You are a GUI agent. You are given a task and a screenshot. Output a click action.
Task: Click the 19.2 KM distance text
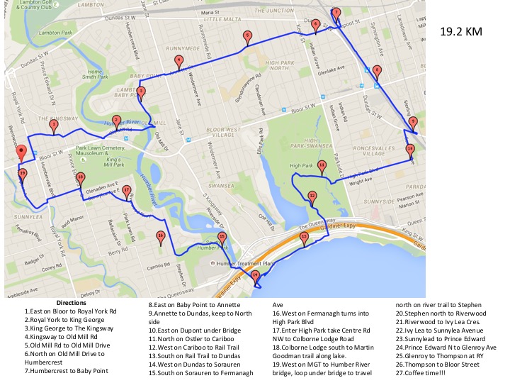click(x=462, y=32)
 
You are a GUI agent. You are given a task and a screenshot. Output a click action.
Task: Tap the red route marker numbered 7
click(x=336, y=13)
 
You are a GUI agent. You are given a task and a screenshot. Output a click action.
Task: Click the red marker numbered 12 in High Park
click(x=312, y=196)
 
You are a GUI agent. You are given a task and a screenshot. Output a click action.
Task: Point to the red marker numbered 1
click(x=53, y=125)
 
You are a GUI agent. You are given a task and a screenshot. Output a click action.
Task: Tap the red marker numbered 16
click(x=161, y=237)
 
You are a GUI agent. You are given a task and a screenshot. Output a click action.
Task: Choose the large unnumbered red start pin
click(x=21, y=152)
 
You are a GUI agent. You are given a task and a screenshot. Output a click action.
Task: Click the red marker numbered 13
click(x=304, y=238)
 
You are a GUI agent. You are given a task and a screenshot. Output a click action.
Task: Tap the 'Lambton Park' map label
click(x=36, y=33)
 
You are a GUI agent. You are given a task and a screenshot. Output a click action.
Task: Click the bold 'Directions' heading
click(x=75, y=302)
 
